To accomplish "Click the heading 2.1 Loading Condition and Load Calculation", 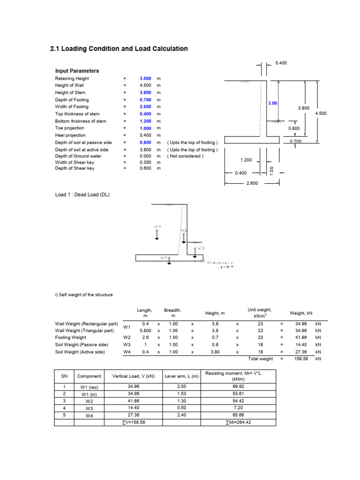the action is coord(119,49).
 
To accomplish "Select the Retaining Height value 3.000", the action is coord(145,79).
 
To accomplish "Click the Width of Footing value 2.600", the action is coord(145,107).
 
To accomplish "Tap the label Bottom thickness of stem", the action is coord(81,121).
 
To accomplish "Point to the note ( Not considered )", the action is coord(185,156).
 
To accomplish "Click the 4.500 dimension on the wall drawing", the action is coord(321,113).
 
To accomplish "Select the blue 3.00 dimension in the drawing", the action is coord(272,103).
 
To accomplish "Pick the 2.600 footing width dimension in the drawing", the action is coord(252,183).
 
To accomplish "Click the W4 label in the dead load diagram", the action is coord(157,226).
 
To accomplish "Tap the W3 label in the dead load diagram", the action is coord(201,248).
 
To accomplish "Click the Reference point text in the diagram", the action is coord(220,265).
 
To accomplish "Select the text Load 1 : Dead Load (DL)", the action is coord(82,195).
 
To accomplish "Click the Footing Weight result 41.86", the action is coord(301,337).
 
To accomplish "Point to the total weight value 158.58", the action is coord(301,359).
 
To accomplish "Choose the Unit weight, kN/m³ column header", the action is coord(260,313).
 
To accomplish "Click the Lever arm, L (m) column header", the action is coord(181,376).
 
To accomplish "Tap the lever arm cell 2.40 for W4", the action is coord(181,415).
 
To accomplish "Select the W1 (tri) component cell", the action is coord(89,394).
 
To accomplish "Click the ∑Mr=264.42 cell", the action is coord(238,422).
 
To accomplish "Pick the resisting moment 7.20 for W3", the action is coord(238,408).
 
